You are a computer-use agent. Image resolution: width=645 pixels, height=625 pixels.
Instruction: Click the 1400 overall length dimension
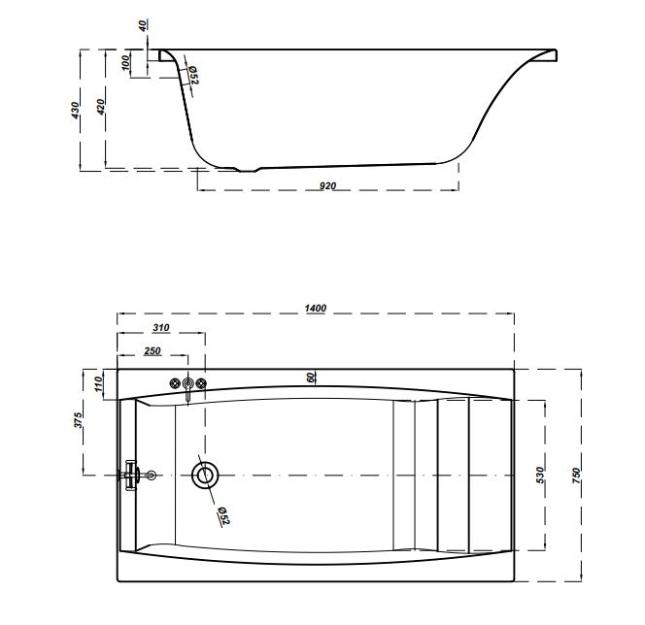pyautogui.click(x=315, y=308)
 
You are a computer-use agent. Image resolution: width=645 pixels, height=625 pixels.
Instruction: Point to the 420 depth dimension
pyautogui.click(x=99, y=109)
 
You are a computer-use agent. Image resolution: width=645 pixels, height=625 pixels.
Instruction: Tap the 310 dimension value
pyautogui.click(x=161, y=328)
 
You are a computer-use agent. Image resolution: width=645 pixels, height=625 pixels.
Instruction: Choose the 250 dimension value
pyautogui.click(x=152, y=350)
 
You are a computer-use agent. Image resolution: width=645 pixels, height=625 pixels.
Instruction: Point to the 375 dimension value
pyautogui.click(x=78, y=419)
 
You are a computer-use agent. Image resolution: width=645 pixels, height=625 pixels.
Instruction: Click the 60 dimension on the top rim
pyautogui.click(x=312, y=378)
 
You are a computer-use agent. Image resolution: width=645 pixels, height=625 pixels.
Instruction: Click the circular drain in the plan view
pyautogui.click(x=205, y=475)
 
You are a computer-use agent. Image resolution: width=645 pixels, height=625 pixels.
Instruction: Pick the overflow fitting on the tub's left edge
pyautogui.click(x=135, y=475)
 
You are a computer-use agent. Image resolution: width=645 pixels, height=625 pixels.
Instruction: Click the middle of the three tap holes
pyautogui.click(x=188, y=385)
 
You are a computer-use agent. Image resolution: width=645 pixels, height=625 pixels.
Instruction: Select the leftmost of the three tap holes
pyautogui.click(x=176, y=385)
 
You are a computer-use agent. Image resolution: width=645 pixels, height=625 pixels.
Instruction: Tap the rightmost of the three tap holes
pyautogui.click(x=201, y=385)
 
